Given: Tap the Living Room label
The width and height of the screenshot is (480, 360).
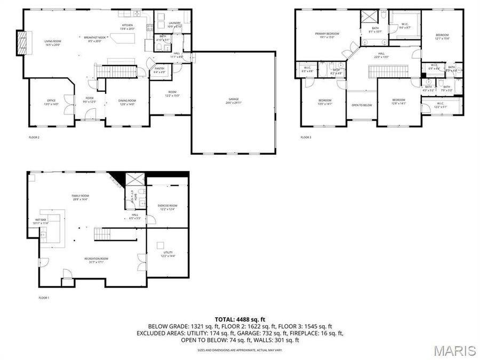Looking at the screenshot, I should click(52, 42).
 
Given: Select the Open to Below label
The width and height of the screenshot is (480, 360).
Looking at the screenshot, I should click(361, 105).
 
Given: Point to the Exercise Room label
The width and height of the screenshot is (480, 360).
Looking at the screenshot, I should click(167, 206).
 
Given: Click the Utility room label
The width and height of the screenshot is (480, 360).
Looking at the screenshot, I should click(168, 253).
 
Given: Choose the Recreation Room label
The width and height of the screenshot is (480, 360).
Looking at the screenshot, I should click(97, 260).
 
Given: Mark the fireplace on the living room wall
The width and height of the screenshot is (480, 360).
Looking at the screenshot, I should click(21, 42).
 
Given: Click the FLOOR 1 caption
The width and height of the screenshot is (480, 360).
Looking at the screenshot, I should click(44, 298).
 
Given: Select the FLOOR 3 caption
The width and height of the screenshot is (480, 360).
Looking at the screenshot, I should click(306, 138).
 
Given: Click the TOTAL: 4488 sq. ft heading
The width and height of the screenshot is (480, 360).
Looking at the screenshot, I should click(240, 319).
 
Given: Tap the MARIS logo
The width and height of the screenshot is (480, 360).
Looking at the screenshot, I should click(454, 350).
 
